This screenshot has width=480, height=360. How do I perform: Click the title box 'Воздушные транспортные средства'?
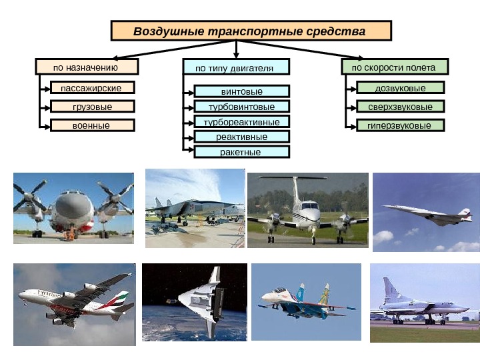click(x=251, y=31)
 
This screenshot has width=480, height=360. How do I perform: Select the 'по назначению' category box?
click(x=87, y=67)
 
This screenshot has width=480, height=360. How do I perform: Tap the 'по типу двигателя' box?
click(x=237, y=67)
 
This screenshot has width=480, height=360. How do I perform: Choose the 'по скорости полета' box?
click(x=395, y=67)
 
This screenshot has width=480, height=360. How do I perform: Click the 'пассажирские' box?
click(x=92, y=87)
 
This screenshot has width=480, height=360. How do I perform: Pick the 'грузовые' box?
click(x=92, y=106)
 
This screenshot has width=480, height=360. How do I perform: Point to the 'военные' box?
click(x=92, y=125)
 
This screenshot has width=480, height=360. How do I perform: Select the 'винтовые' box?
click(x=242, y=91)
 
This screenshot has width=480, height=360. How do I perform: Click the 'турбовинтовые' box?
click(x=242, y=107)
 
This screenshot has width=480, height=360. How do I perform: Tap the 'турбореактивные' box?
click(x=242, y=122)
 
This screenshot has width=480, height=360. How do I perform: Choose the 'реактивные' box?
click(x=242, y=137)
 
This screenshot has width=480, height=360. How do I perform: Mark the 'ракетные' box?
click(x=242, y=152)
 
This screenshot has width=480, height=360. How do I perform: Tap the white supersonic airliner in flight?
click(x=427, y=215)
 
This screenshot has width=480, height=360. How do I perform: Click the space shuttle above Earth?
click(x=200, y=297)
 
